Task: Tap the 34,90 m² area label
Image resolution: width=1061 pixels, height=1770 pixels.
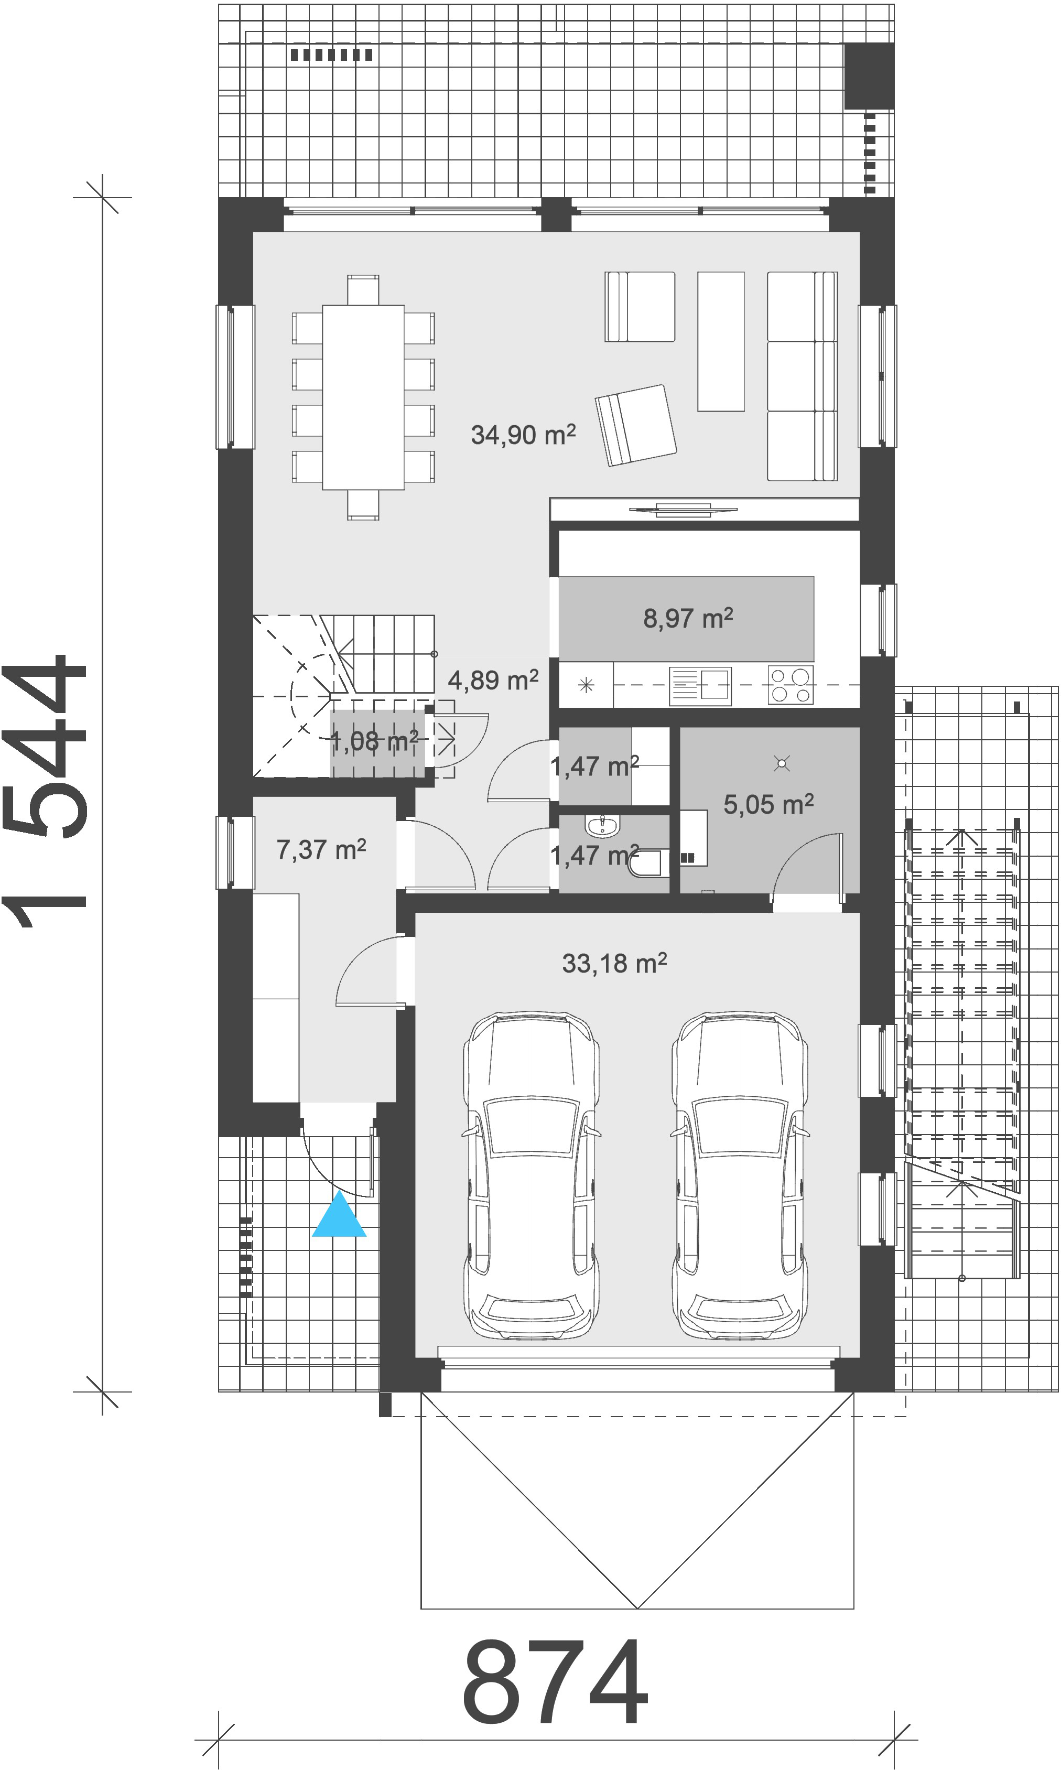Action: point(523,435)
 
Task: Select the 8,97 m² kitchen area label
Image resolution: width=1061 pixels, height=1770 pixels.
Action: point(688,618)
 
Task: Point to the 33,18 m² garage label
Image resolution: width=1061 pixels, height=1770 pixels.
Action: point(614,964)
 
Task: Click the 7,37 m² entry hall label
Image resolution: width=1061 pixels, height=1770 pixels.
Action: point(321,849)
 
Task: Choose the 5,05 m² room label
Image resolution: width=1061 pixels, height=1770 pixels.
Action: point(768,804)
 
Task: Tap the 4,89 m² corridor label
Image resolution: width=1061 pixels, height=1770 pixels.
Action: point(493,680)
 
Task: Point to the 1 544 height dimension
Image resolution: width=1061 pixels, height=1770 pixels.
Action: point(45,791)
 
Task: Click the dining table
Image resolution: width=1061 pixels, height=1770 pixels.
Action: point(363,397)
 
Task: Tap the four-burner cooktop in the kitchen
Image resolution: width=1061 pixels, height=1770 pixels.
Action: point(791,685)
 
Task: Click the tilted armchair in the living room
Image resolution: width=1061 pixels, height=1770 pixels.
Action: point(635,425)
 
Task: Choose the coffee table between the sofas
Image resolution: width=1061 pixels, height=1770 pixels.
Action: point(721,342)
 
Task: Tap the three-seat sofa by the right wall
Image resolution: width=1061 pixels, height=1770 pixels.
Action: point(802,376)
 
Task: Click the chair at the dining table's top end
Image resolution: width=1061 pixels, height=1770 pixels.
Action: point(363,290)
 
